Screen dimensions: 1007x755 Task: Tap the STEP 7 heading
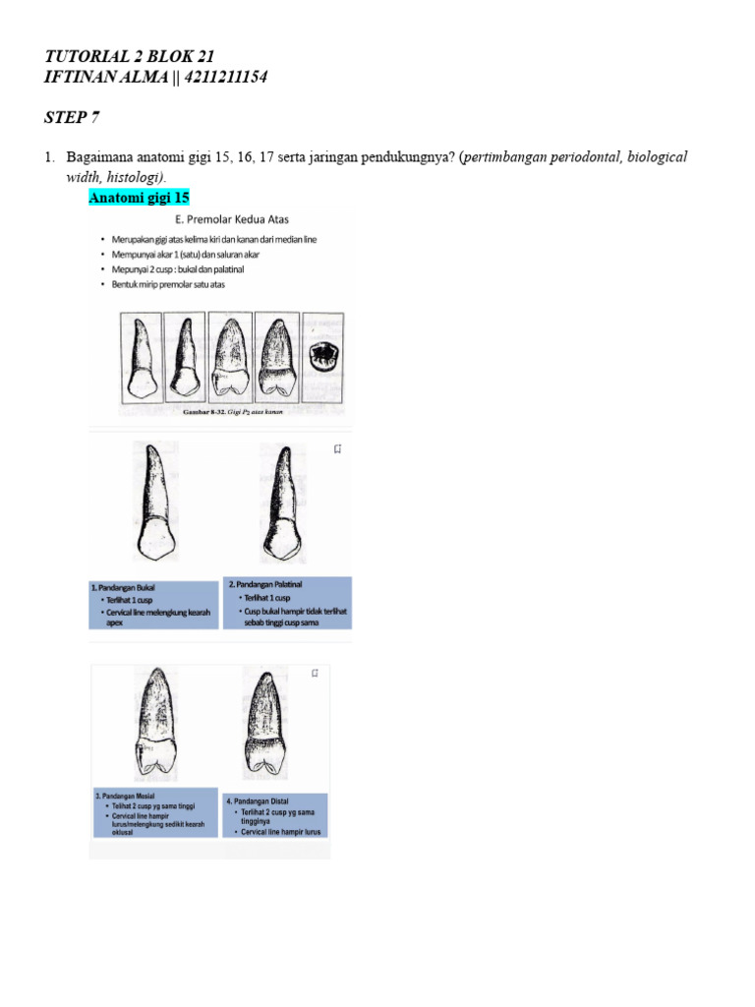(72, 118)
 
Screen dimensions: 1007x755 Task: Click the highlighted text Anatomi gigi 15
(140, 198)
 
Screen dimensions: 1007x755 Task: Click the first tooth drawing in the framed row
(142, 359)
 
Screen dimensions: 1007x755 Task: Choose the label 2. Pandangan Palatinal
(265, 584)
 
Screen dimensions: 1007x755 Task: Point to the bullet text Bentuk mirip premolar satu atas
(171, 284)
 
